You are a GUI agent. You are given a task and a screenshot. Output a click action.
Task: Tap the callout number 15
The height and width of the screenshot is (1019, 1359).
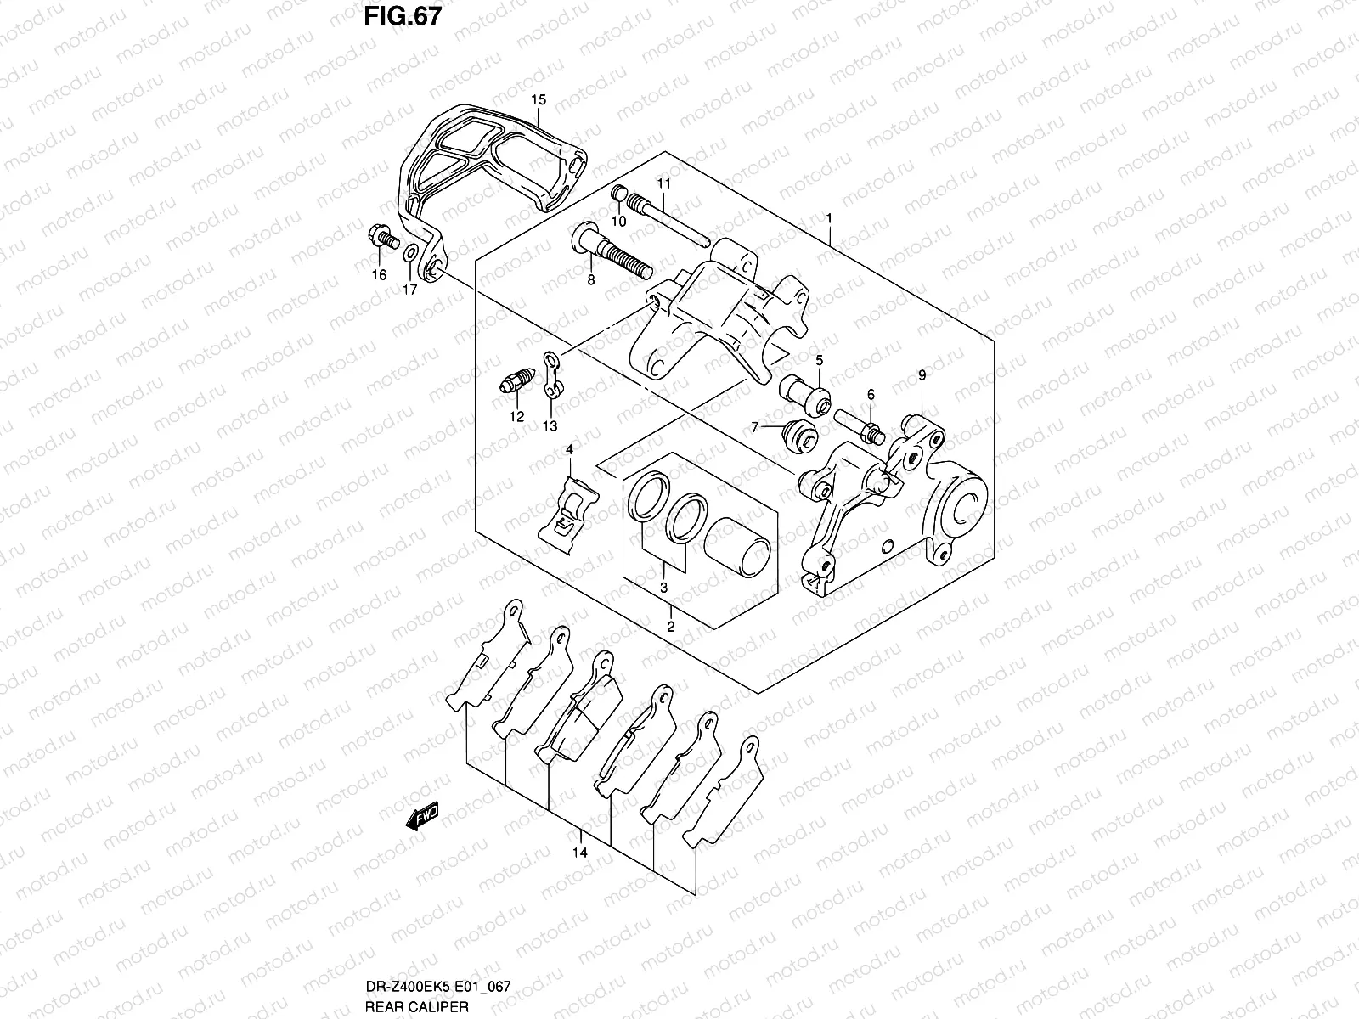(539, 100)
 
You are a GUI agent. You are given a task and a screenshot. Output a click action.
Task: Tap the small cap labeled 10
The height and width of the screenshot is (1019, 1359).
(620, 194)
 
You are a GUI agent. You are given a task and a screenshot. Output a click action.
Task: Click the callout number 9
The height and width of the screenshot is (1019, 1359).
(922, 374)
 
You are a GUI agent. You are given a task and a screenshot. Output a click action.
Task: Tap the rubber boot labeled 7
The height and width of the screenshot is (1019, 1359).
(798, 434)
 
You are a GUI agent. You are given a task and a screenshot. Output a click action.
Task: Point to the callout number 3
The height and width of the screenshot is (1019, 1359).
(663, 588)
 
